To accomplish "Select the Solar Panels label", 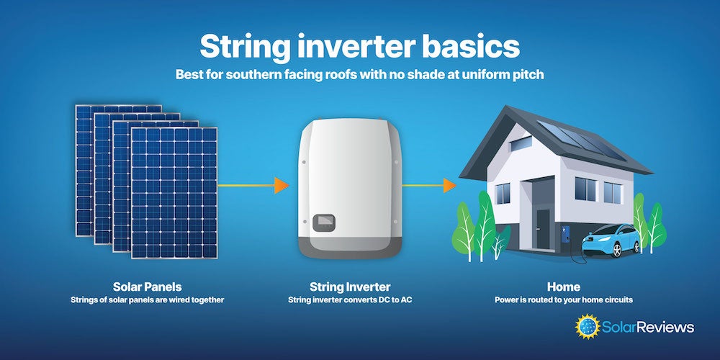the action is point(148,287).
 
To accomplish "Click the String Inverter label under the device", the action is point(350,287).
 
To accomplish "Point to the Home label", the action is point(564,287).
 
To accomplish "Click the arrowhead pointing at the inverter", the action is point(282,186).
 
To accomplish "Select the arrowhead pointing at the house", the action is point(449,186).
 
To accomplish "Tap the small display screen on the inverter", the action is point(324,222).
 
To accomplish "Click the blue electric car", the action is point(611,240).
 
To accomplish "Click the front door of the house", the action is point(543,230).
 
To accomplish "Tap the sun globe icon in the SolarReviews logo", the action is point(588,326).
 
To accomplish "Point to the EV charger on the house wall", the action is point(566,235).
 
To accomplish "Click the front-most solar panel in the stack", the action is point(174,193).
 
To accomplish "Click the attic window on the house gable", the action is point(521,144).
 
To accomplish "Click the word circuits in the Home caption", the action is point(618,300).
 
